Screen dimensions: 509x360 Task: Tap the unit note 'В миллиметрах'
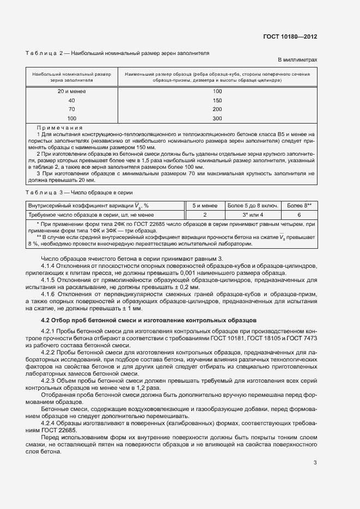point(297,59)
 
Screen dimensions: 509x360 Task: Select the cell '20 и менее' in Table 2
point(71,91)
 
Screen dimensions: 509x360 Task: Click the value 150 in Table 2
point(217,101)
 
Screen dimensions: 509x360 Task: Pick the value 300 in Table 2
point(217,118)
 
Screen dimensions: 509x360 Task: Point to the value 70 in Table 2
point(71,109)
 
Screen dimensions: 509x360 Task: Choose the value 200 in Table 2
point(217,109)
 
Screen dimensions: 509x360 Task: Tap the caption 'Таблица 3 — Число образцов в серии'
point(78,193)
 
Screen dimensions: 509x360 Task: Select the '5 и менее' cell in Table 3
point(205,206)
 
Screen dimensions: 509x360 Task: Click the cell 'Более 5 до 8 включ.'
point(253,206)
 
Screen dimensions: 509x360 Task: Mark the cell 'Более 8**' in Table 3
point(299,206)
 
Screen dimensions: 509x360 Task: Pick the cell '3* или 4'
point(253,215)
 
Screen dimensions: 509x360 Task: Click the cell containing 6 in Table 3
point(299,215)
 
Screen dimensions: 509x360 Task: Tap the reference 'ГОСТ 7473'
point(301,339)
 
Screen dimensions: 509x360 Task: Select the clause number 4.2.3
point(50,381)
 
